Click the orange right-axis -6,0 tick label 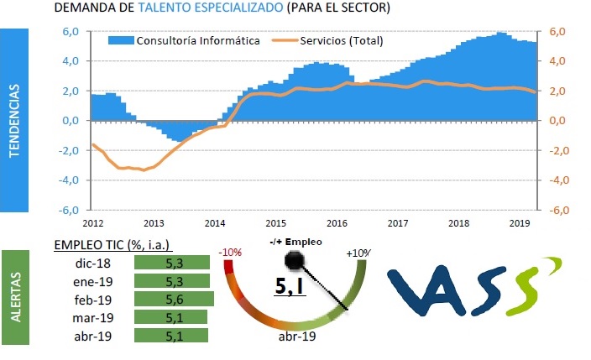point(561,210)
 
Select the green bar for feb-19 point(174,299)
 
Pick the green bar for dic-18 point(171,262)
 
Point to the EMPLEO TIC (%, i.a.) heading point(112,244)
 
